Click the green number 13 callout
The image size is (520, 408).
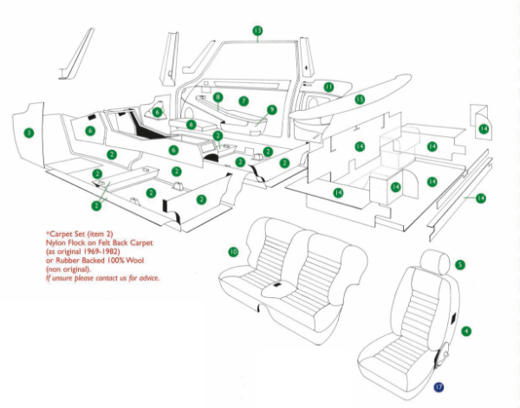click(257, 31)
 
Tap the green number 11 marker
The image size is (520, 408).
click(328, 87)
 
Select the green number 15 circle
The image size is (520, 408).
click(360, 100)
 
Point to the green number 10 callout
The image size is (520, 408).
click(233, 252)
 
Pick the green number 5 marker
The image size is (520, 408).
click(460, 264)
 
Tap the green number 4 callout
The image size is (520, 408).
click(466, 331)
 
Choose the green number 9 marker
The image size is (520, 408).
click(271, 110)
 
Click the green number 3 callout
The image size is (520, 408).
click(29, 133)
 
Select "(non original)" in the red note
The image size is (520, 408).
click(68, 269)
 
